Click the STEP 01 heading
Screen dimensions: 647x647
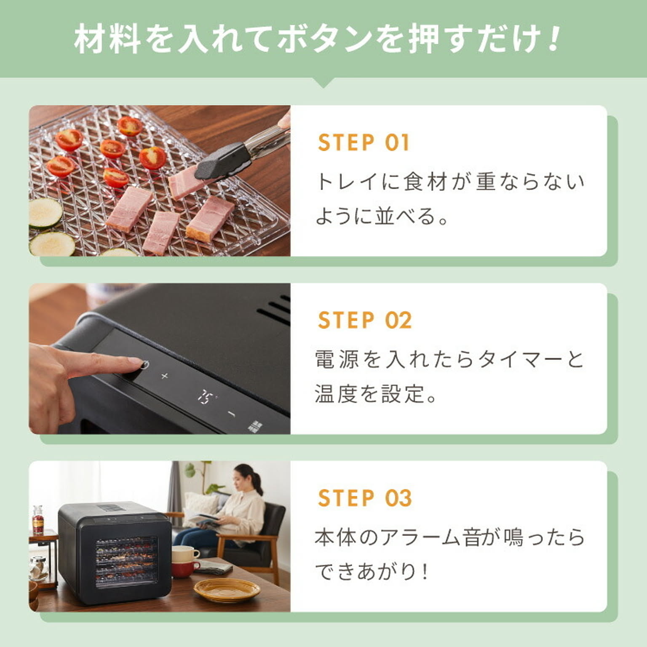pyautogui.click(x=363, y=142)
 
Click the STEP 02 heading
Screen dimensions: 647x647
pyautogui.click(x=364, y=320)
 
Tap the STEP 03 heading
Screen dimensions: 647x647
pyautogui.click(x=364, y=498)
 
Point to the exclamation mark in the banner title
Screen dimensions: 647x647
pyautogui.click(x=555, y=39)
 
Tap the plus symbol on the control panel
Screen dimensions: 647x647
pyautogui.click(x=165, y=375)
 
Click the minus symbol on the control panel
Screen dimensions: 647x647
pyautogui.click(x=230, y=414)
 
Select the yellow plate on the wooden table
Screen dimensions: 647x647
pyautogui.click(x=227, y=588)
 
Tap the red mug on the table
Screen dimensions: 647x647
pyautogui.click(x=184, y=569)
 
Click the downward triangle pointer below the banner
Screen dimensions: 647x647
pyautogui.click(x=323, y=83)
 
